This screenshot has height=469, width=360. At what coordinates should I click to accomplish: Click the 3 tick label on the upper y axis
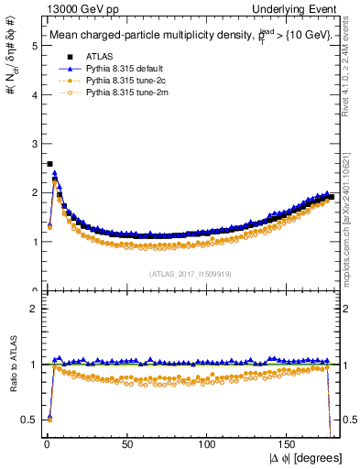tap(29, 143)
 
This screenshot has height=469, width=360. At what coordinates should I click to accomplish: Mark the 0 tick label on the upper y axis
tap(29, 290)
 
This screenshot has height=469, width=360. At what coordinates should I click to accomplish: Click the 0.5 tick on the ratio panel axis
tap(25, 420)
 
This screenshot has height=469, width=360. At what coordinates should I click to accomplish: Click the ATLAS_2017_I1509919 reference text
tap(190, 272)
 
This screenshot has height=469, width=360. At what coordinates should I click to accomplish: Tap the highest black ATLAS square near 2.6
tap(49, 164)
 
